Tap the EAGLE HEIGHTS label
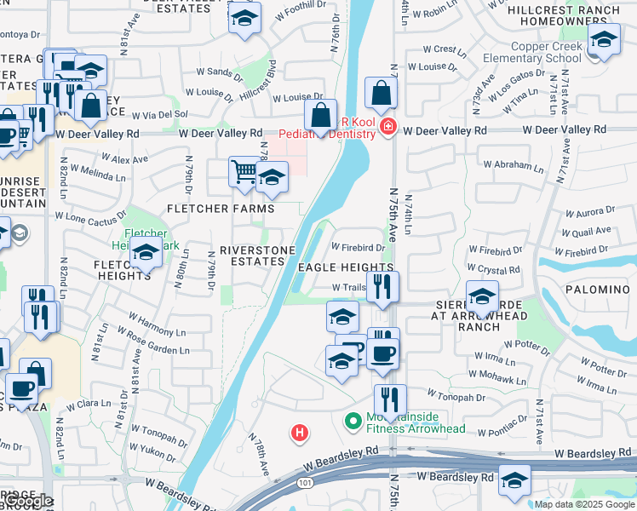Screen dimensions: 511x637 [346, 267]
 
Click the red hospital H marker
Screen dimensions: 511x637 [298, 433]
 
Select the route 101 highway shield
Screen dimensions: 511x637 [305, 483]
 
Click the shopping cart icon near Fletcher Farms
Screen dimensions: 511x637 [244, 172]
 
